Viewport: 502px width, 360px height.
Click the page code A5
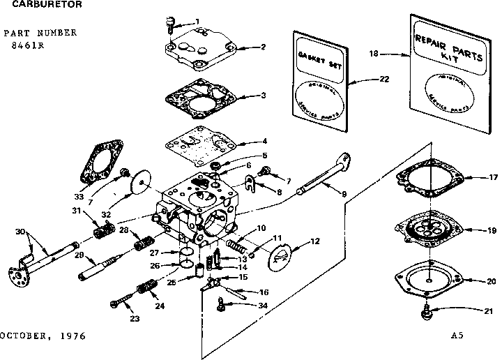pyautogui.click(x=457, y=336)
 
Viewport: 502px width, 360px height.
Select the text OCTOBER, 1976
pyautogui.click(x=43, y=336)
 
